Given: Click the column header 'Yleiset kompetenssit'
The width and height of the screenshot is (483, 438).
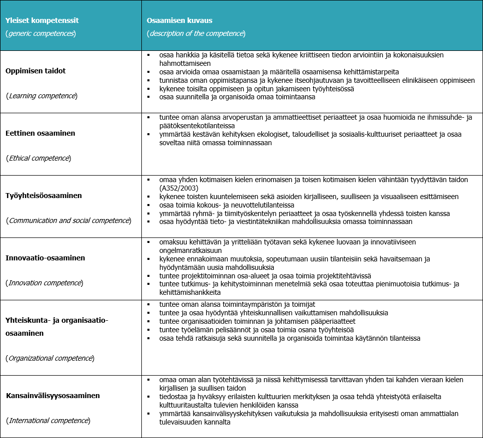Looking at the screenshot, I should click(x=42, y=20).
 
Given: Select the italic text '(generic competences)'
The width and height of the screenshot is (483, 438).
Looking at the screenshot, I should click(x=40, y=33).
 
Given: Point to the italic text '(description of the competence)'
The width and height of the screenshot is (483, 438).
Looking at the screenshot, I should click(x=196, y=33).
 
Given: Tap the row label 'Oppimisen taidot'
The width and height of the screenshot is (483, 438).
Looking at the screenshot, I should click(x=35, y=71).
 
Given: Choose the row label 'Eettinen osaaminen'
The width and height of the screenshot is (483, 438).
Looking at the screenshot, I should click(x=40, y=134).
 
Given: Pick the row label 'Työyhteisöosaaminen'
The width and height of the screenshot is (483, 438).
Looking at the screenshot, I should click(x=43, y=196).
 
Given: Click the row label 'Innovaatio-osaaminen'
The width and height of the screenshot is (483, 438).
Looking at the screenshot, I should click(x=45, y=258).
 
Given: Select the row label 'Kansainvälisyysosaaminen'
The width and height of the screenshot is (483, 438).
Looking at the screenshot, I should click(x=53, y=396).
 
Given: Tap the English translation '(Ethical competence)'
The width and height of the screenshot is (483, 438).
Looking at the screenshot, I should click(x=38, y=158).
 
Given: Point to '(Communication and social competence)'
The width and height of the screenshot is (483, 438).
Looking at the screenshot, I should click(x=68, y=220).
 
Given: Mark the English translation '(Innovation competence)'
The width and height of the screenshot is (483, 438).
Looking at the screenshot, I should click(x=44, y=283).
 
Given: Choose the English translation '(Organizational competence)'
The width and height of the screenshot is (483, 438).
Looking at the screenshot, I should click(x=50, y=358).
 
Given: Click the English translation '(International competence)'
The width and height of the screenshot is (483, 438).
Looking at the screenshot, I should click(x=48, y=420).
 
